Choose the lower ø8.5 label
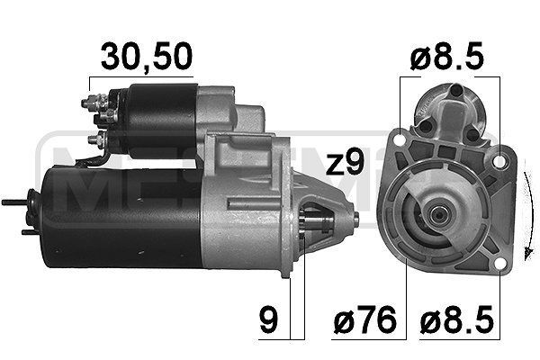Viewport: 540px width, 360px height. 457,321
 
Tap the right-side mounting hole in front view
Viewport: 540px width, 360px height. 500,165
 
